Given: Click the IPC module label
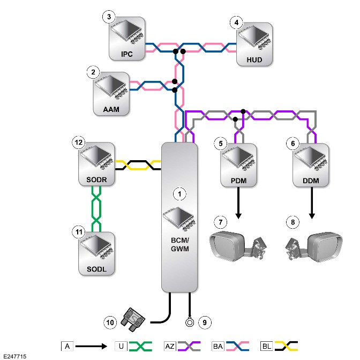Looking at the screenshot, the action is (x=127, y=54).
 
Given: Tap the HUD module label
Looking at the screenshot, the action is (x=254, y=60).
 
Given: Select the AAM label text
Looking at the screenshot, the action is (x=111, y=109).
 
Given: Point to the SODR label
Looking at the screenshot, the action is (x=96, y=179).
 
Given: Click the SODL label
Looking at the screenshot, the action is (x=96, y=269).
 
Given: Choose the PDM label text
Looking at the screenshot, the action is (x=238, y=181).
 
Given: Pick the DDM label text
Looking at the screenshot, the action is (x=311, y=181).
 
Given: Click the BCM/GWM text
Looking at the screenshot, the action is (x=180, y=244).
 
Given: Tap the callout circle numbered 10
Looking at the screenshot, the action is (x=110, y=322).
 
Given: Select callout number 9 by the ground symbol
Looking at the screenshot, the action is (x=205, y=322).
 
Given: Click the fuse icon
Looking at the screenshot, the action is (x=133, y=320).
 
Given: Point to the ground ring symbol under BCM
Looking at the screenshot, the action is (x=190, y=322).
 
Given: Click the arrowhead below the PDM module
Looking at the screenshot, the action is (x=238, y=216).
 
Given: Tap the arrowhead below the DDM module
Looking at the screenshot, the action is (x=312, y=216).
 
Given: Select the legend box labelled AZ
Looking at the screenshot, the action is (x=170, y=346).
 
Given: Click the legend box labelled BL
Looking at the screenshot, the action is (x=266, y=346).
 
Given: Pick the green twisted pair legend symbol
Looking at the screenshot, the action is (x=140, y=346).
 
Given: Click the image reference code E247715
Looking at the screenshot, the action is (x=15, y=356).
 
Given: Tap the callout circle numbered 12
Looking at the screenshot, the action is (x=79, y=142).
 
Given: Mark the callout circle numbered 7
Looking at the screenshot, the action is (x=221, y=222).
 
